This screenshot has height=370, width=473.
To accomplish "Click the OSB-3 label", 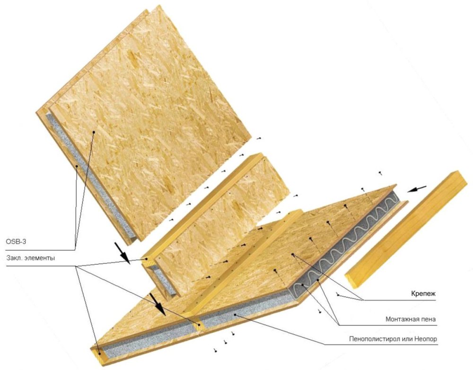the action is (16, 241).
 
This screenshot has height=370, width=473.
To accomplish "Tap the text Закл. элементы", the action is (30, 258).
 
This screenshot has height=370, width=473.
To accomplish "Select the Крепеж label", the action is (423, 293).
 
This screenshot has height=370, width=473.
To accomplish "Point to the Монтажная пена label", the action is (411, 319).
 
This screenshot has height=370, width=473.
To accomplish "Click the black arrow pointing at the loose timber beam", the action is (417, 189).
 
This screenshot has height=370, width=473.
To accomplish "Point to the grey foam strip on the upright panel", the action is (90, 175).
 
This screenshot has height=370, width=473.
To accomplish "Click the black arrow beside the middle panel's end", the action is (123, 251).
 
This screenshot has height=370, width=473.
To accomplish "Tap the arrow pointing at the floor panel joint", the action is (157, 303).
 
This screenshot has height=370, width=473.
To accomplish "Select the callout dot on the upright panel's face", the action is (94, 132).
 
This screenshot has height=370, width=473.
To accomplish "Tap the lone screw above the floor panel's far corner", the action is (381, 173).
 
